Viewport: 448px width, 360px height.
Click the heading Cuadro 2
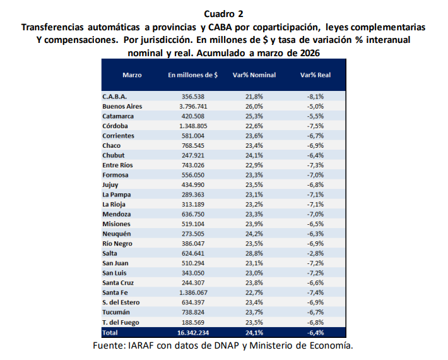(x=224, y=13)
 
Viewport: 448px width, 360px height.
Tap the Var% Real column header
(x=315, y=75)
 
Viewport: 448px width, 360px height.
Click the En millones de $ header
(x=193, y=75)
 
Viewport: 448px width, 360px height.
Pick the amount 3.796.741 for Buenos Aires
(x=193, y=107)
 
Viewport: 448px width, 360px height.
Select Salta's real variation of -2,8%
(x=315, y=253)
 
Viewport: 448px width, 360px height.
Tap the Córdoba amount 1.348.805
(x=193, y=126)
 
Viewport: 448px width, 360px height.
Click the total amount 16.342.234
(x=193, y=332)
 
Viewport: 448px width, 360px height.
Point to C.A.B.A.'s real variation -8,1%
(x=315, y=97)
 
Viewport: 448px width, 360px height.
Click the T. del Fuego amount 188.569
(x=193, y=322)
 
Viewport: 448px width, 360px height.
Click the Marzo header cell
(x=132, y=75)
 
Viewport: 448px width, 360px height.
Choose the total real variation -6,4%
(x=315, y=332)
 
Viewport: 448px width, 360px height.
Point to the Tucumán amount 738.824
(x=193, y=312)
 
